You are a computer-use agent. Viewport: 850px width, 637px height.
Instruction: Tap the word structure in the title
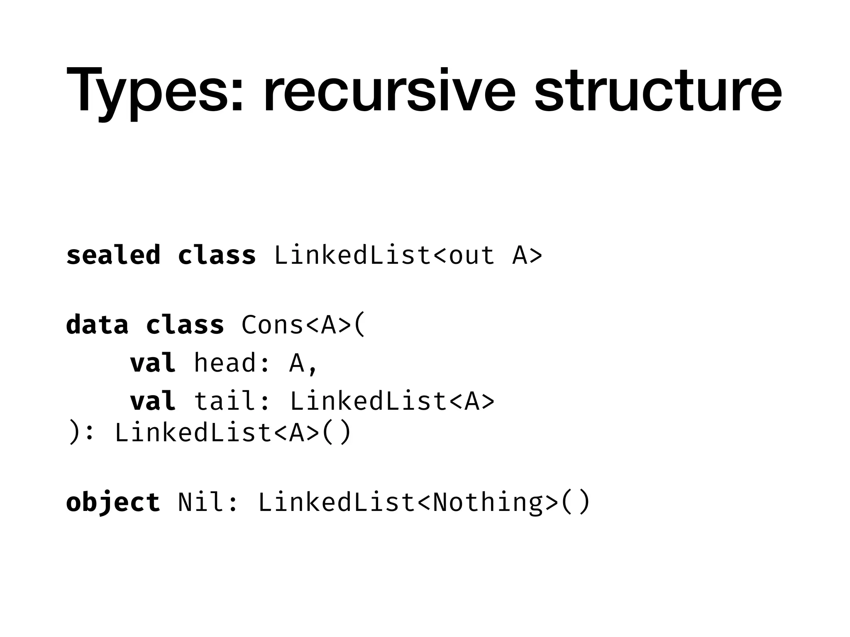tap(658, 90)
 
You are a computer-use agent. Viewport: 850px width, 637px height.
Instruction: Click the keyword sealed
tap(113, 255)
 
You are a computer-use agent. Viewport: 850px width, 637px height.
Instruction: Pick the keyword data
tap(97, 324)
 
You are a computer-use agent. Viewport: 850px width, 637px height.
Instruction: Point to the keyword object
tap(113, 503)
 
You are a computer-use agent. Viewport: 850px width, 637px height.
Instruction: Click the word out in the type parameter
tap(472, 255)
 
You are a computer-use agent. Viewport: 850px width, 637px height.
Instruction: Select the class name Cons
tap(272, 325)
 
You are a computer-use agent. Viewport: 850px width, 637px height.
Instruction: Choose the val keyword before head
tap(153, 363)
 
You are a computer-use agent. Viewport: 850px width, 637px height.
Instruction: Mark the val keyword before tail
tap(153, 401)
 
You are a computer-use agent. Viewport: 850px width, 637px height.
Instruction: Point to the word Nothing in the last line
tap(488, 503)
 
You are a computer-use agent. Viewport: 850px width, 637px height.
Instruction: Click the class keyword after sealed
tap(217, 255)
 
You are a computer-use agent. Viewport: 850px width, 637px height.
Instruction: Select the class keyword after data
tap(185, 324)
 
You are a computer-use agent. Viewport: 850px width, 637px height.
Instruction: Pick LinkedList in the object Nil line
tap(337, 503)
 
